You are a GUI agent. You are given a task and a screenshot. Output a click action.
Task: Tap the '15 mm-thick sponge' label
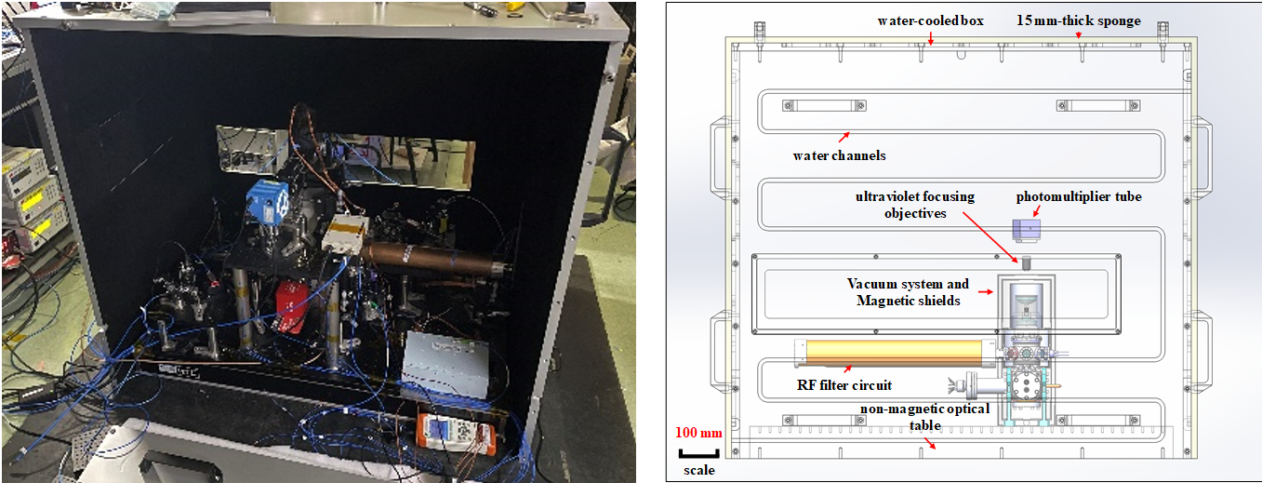pos(1079,20)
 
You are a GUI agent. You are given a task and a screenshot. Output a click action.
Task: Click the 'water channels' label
pos(839,155)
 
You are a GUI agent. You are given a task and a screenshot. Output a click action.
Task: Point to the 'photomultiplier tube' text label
pos(1078,196)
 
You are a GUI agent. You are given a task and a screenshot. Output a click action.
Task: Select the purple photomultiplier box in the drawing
pos(1027,229)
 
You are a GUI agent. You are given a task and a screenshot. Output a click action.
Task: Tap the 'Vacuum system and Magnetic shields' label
pos(908,290)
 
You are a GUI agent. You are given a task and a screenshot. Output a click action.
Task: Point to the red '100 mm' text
pos(697,434)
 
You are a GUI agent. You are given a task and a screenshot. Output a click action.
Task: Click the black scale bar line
pos(697,453)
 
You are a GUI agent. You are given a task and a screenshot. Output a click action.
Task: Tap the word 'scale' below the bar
pos(699,470)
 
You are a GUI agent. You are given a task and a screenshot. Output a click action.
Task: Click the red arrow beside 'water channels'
pos(844,136)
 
